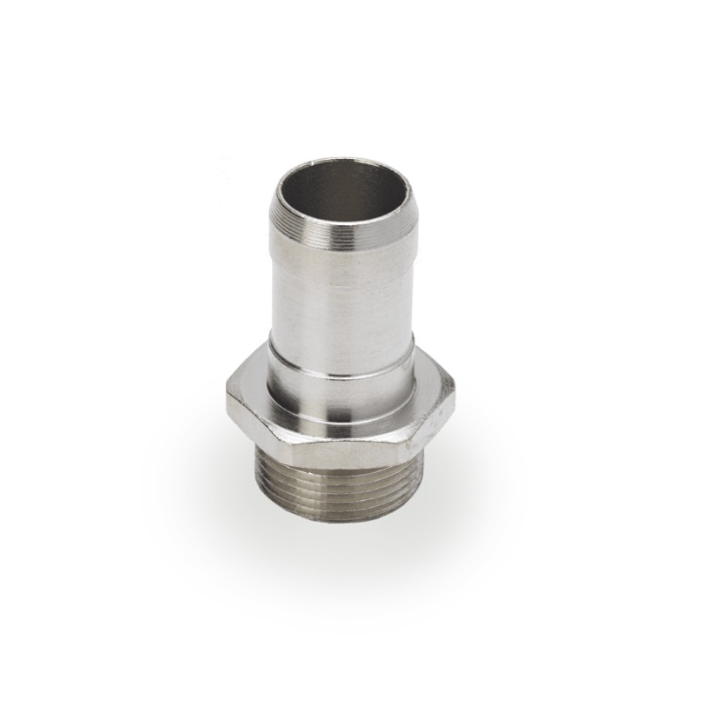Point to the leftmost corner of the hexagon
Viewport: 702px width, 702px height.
click(225, 394)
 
